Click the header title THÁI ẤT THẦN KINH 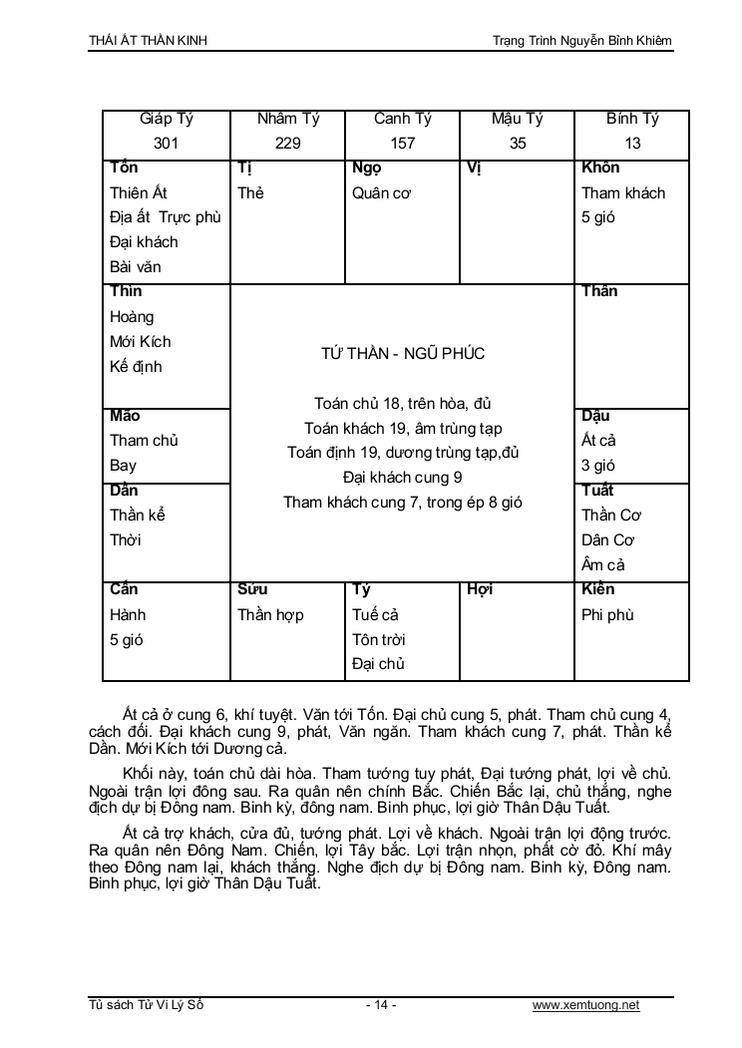point(149,41)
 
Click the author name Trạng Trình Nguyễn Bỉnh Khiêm point(582,41)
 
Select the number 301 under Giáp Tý point(167,143)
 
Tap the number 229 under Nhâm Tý point(287,143)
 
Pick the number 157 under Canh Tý point(402,143)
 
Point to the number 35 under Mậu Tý point(517,143)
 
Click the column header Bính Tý point(632,119)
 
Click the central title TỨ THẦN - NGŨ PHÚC point(402,354)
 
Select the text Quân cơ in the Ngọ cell point(381,192)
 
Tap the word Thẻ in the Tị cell point(250,192)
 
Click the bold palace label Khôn point(600,168)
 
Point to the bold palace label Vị point(474,168)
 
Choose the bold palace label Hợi point(480,589)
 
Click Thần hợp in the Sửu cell point(270,614)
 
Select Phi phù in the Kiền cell point(607,614)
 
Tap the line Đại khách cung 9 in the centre point(402,478)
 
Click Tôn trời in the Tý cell point(378,639)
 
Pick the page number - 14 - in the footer point(381,1005)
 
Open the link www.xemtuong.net point(585,1005)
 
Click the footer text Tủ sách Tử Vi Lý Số point(147,1005)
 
